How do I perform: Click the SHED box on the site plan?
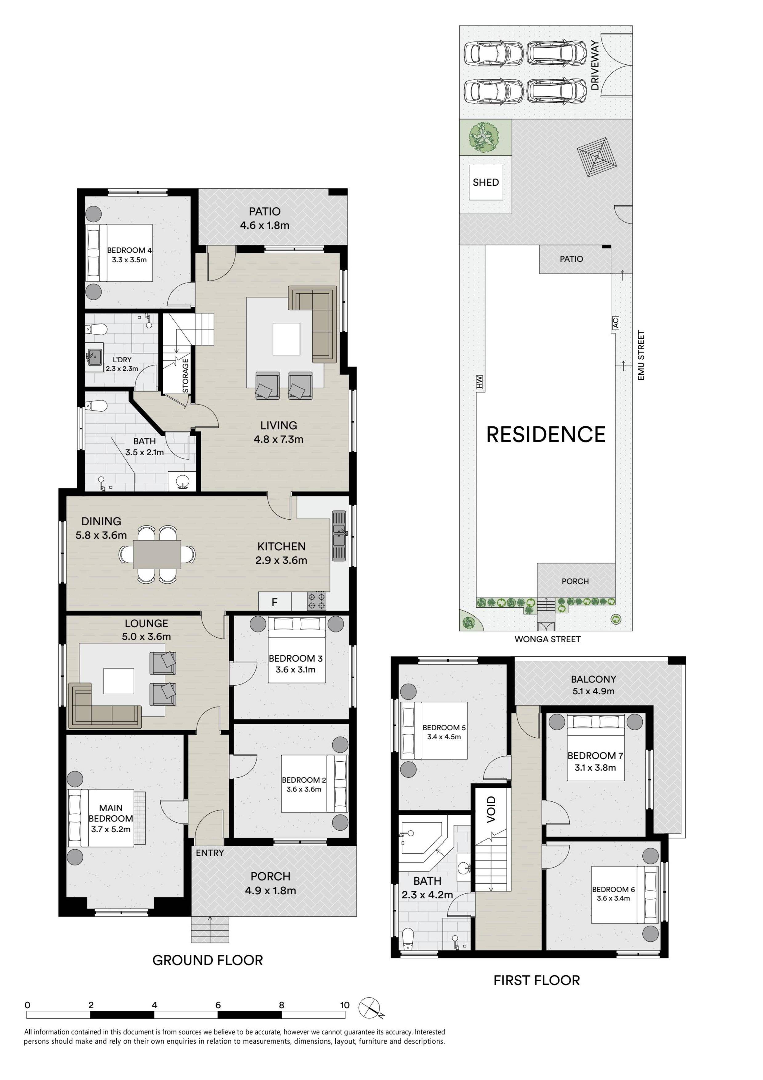click(x=486, y=183)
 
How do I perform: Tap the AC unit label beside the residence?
click(x=615, y=323)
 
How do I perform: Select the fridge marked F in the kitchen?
click(x=275, y=602)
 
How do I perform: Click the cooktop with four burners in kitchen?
click(x=316, y=601)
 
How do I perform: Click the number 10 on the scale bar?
click(x=345, y=1005)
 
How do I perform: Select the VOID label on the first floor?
click(x=491, y=809)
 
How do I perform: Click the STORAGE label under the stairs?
click(x=185, y=375)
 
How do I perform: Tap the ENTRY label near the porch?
click(x=210, y=853)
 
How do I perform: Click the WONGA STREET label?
click(x=547, y=639)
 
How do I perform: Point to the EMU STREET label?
click(x=641, y=356)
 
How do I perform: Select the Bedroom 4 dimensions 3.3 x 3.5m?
click(x=129, y=260)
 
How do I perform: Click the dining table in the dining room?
click(x=157, y=554)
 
